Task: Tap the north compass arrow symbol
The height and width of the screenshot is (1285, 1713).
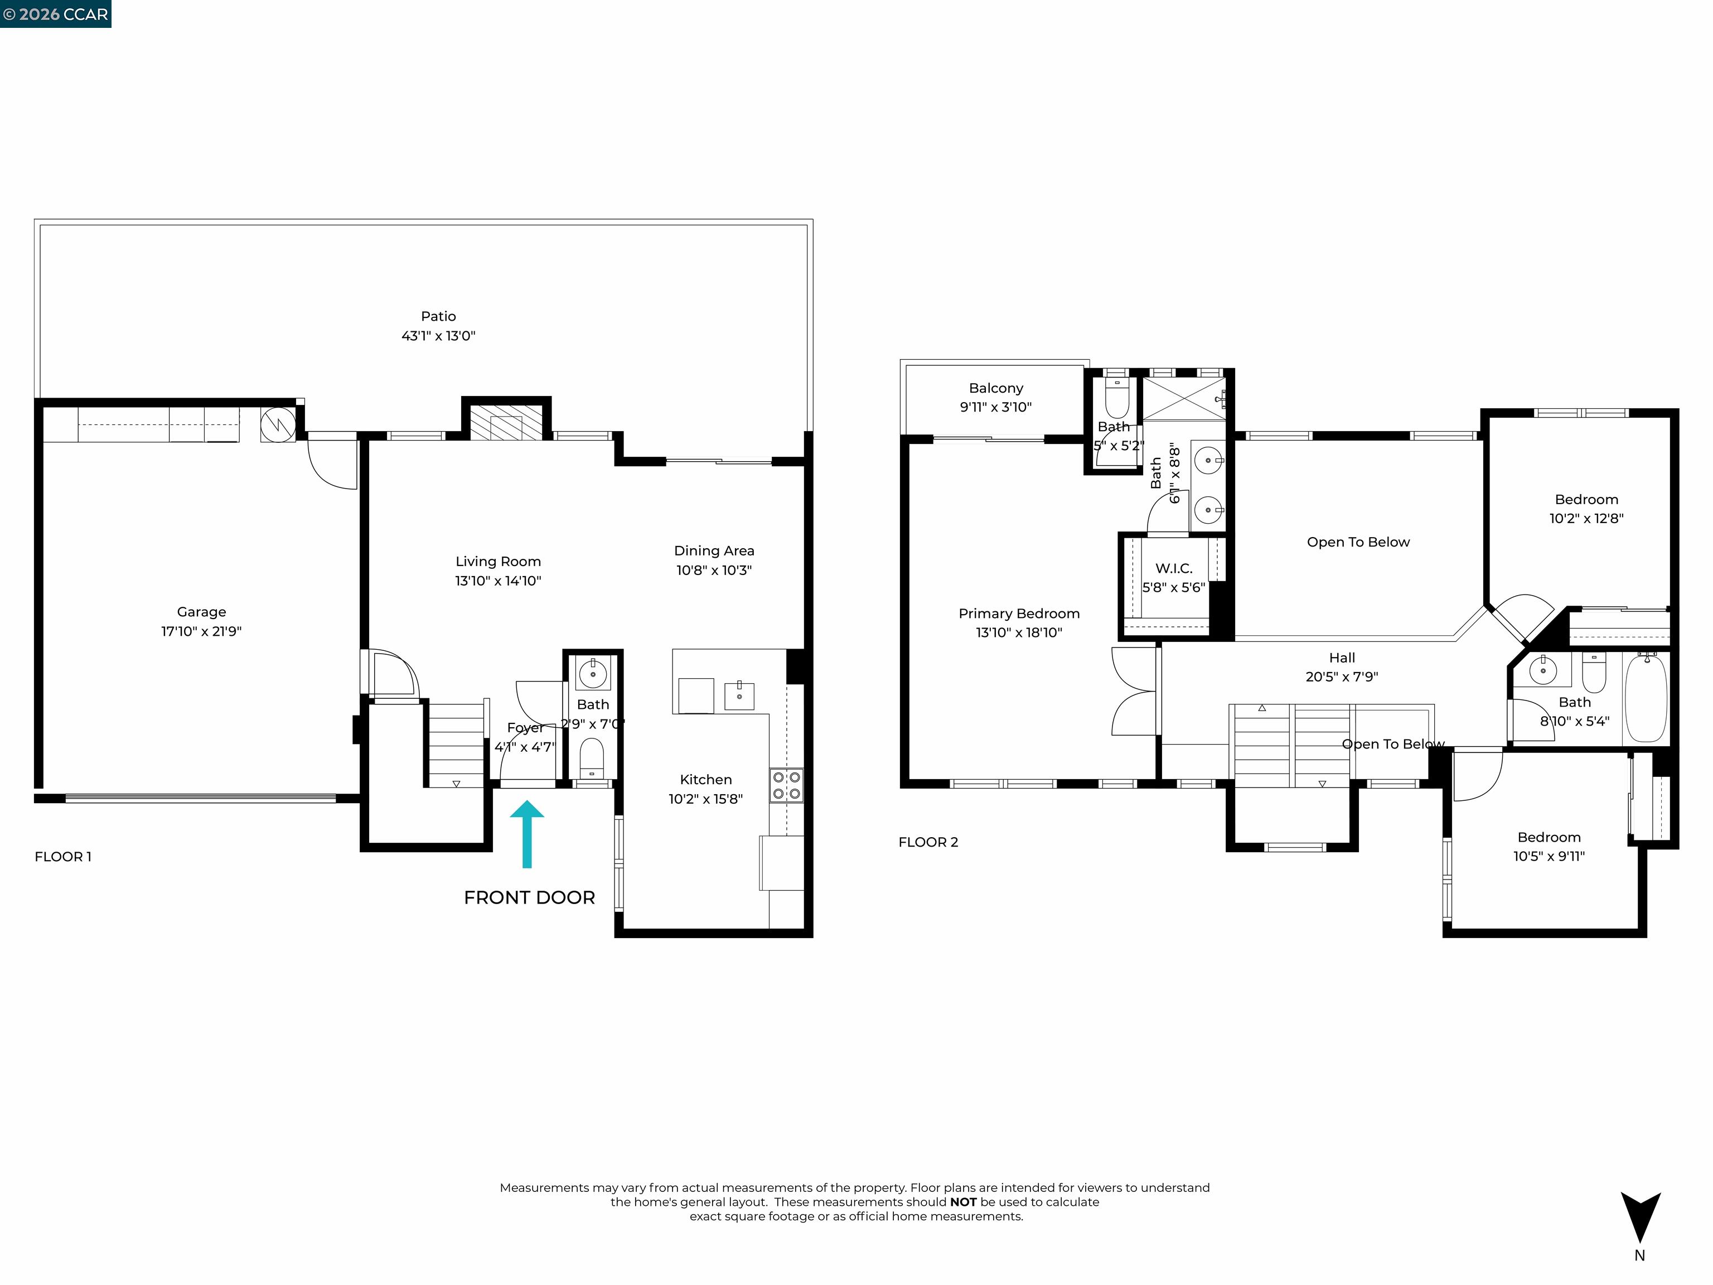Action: coord(1640,1217)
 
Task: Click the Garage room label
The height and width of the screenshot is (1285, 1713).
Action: coord(201,612)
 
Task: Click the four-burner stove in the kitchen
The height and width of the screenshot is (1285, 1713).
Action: coord(786,785)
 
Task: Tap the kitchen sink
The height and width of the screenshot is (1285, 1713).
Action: coord(739,695)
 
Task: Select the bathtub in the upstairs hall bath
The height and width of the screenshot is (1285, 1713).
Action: coord(1646,698)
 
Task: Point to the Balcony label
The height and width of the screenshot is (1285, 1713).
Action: coord(996,388)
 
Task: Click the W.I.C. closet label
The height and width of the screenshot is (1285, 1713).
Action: coord(1173,568)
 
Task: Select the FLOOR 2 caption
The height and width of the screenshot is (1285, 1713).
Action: coord(928,842)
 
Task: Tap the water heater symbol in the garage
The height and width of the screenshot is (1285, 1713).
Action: coord(277,424)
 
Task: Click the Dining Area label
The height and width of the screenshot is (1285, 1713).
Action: coord(714,550)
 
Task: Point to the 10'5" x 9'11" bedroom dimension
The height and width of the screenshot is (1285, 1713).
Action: coord(1549,857)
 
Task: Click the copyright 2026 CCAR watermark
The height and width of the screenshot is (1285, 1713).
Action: coord(55,14)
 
